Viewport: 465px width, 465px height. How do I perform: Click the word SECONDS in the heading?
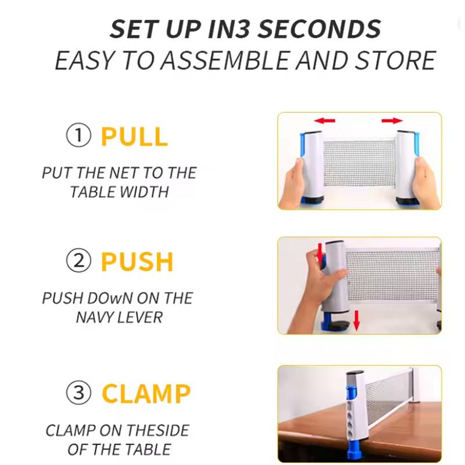pos(319,28)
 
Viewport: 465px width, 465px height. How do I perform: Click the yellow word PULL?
pos(134,137)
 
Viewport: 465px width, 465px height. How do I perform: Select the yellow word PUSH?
pos(137,262)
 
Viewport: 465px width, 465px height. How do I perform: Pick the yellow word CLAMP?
pos(146,394)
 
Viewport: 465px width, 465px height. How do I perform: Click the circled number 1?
pos(78,135)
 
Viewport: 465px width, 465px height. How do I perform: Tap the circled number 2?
pos(78,260)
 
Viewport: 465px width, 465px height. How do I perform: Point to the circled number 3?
pos(78,393)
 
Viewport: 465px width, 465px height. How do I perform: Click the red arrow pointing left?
pos(324,120)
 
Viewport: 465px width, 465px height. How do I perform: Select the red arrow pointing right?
pos(392,120)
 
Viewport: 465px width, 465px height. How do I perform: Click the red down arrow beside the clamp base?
pos(356,320)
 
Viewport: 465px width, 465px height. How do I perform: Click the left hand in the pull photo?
pos(294,183)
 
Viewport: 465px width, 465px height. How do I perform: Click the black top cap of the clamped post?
pos(355,373)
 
